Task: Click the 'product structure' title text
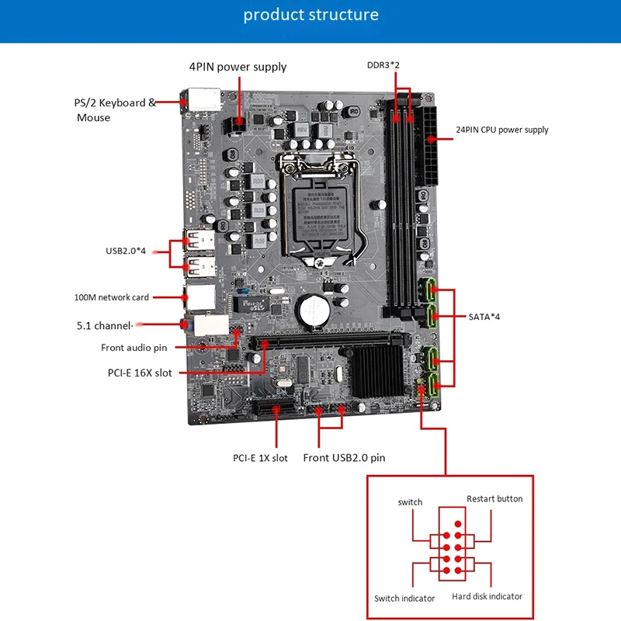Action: (x=310, y=15)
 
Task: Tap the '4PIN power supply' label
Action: (x=238, y=67)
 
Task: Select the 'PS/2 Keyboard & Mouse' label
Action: (x=116, y=110)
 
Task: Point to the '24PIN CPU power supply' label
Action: (x=501, y=130)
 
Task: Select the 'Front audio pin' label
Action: (x=134, y=348)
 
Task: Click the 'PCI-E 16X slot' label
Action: (x=140, y=373)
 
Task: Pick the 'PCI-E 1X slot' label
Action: (x=260, y=458)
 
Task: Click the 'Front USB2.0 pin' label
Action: (x=344, y=458)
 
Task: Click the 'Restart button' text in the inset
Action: (x=494, y=498)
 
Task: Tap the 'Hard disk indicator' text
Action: (x=487, y=596)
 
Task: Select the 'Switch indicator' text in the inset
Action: (x=404, y=598)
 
